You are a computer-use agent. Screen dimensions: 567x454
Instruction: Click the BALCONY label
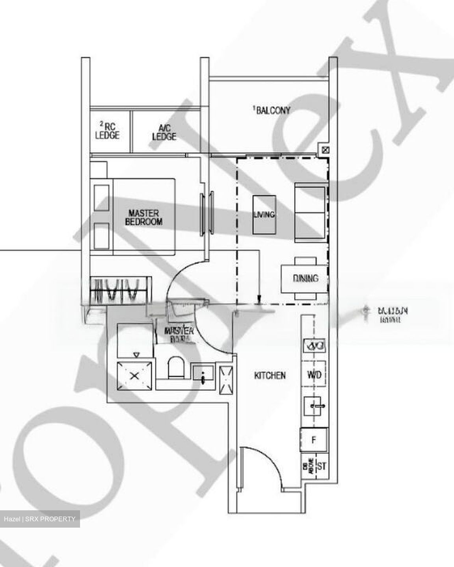(273, 111)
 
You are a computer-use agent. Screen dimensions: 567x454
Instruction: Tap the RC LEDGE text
(107, 131)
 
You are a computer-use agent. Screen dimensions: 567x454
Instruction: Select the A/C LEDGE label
(164, 132)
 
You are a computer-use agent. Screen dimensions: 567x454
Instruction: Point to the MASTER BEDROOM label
(144, 217)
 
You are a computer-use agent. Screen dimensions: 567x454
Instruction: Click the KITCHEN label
(270, 376)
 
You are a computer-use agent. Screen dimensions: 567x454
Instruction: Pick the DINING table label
(305, 278)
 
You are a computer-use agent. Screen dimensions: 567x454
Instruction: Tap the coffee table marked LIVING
(264, 215)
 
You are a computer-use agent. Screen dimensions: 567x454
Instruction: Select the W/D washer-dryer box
(314, 374)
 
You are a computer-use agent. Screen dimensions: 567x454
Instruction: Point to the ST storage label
(322, 467)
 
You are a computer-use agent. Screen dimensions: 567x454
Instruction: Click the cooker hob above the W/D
(314, 346)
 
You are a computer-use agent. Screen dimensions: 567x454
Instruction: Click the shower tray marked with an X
(134, 376)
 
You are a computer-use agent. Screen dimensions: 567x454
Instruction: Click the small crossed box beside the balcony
(325, 150)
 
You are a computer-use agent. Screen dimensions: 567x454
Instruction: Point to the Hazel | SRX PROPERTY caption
(40, 519)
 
